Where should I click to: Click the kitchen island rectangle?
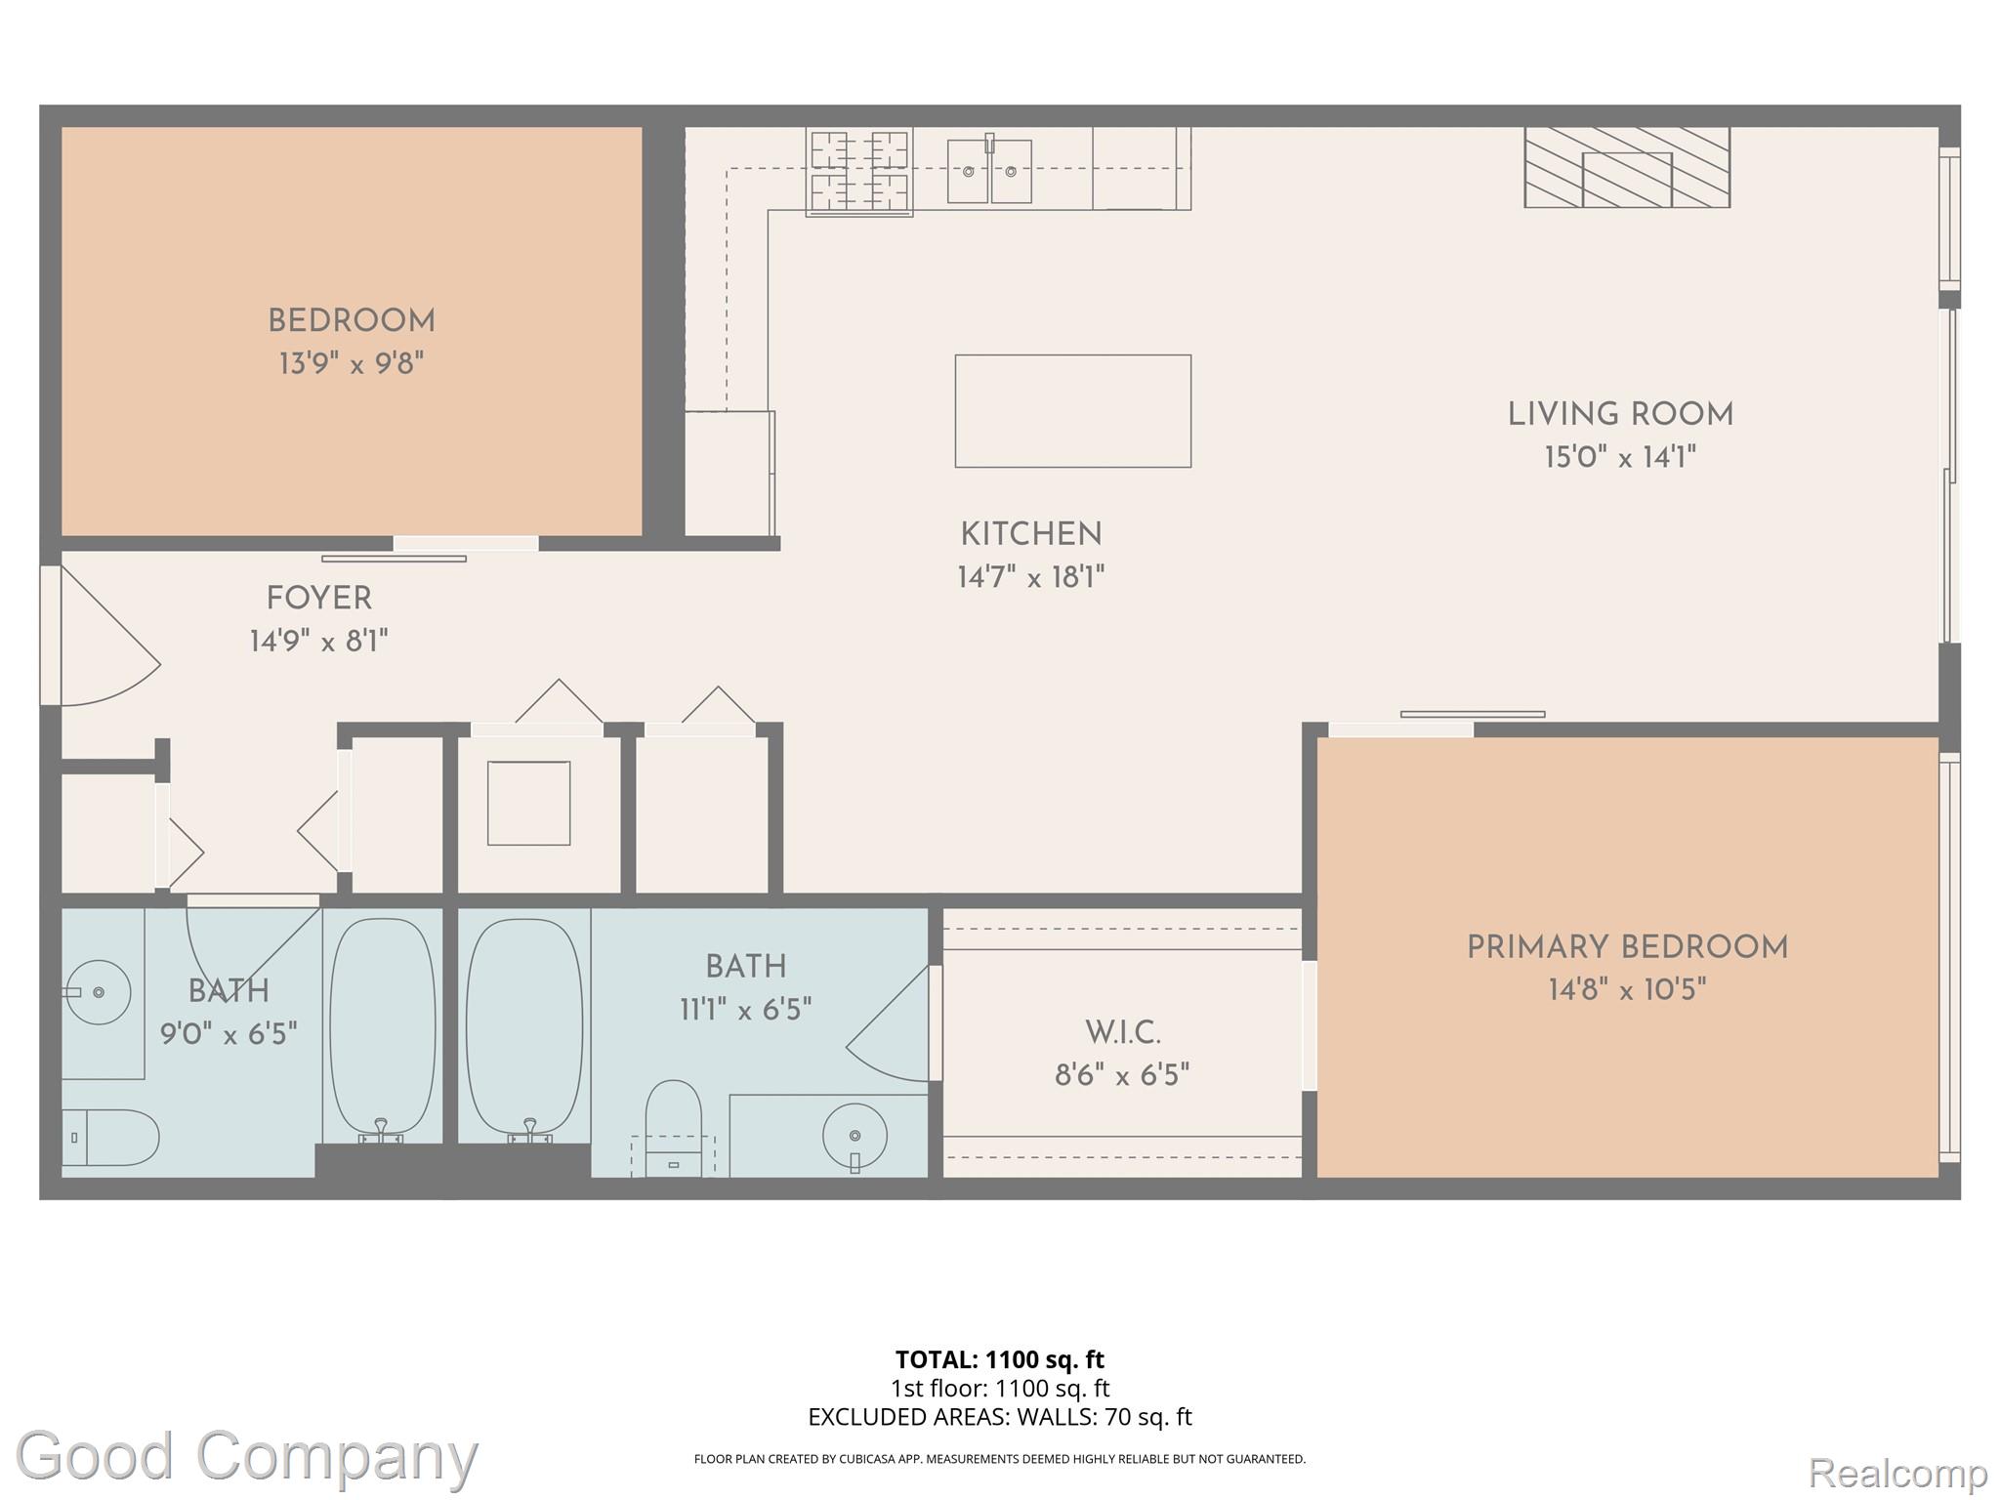click(x=1072, y=410)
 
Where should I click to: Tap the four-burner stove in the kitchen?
click(x=859, y=172)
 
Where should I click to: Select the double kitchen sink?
click(x=989, y=172)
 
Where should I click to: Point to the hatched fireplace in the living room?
click(x=1627, y=167)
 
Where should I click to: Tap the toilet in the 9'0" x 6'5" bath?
click(x=109, y=1137)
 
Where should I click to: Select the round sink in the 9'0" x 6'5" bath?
click(x=99, y=992)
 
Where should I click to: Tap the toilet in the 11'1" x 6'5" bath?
click(x=674, y=1123)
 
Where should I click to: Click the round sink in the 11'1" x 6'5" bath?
click(x=854, y=1136)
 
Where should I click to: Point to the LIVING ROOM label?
click(x=1620, y=414)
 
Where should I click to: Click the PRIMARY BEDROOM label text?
click(x=1627, y=947)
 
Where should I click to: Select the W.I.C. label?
click(x=1122, y=1032)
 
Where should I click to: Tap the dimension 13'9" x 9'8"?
click(x=352, y=364)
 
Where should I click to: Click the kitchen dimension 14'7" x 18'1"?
click(x=1030, y=577)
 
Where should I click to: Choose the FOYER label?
click(x=319, y=598)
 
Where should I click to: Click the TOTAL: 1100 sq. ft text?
click(x=999, y=1359)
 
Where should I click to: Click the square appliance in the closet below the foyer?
click(x=528, y=803)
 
